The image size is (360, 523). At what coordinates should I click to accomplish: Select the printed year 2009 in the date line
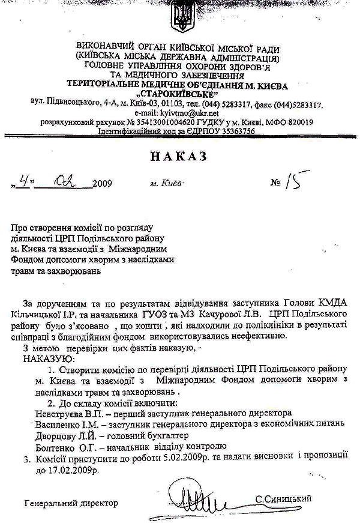(x=102, y=184)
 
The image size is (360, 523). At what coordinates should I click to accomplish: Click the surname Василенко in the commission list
(x=41, y=424)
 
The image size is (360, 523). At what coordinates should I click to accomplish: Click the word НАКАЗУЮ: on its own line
(x=48, y=359)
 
